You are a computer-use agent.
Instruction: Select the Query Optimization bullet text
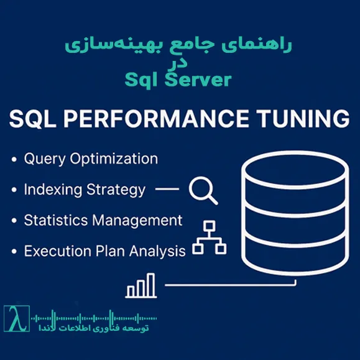point(91,159)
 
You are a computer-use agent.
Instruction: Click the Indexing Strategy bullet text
point(85,190)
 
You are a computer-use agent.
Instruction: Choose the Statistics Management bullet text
point(103,220)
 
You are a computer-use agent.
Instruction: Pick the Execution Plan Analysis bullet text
point(104,251)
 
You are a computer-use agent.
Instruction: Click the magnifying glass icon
point(203,190)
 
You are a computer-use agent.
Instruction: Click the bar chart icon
point(141,286)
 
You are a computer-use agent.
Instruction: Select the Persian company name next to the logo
point(109,328)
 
